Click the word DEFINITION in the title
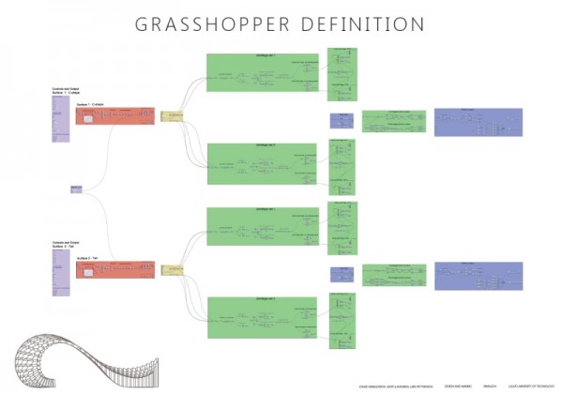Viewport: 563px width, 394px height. [360, 24]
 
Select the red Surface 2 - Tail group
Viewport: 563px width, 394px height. [114, 272]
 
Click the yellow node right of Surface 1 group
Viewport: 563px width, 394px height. [172, 117]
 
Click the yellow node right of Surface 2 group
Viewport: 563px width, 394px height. [172, 271]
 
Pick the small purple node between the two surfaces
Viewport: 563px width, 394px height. [76, 189]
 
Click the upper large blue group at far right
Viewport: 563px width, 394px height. [477, 122]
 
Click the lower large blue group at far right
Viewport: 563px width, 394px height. [477, 276]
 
